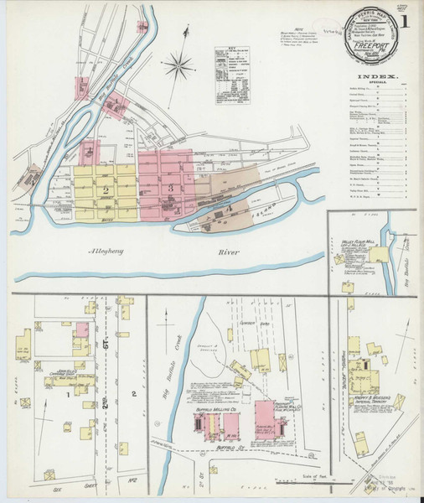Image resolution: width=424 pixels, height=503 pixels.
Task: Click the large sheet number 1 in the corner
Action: [406, 20]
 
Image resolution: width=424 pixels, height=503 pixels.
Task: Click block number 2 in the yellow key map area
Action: [106, 190]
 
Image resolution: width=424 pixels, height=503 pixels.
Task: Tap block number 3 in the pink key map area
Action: [170, 186]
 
